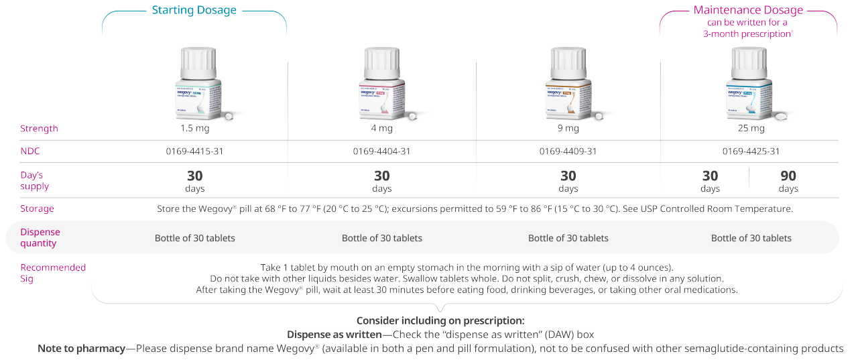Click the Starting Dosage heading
194,10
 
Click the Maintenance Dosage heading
747,10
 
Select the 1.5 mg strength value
194,128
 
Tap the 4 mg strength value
381,128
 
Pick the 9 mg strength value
568,128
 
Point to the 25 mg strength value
751,128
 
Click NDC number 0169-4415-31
194,152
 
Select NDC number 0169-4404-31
381,152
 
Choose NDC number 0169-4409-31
568,152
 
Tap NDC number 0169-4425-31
751,152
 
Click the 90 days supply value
788,180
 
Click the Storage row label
37,208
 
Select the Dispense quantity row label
40,237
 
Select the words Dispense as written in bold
334,334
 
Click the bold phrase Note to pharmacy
81,349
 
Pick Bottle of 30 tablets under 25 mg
751,238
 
